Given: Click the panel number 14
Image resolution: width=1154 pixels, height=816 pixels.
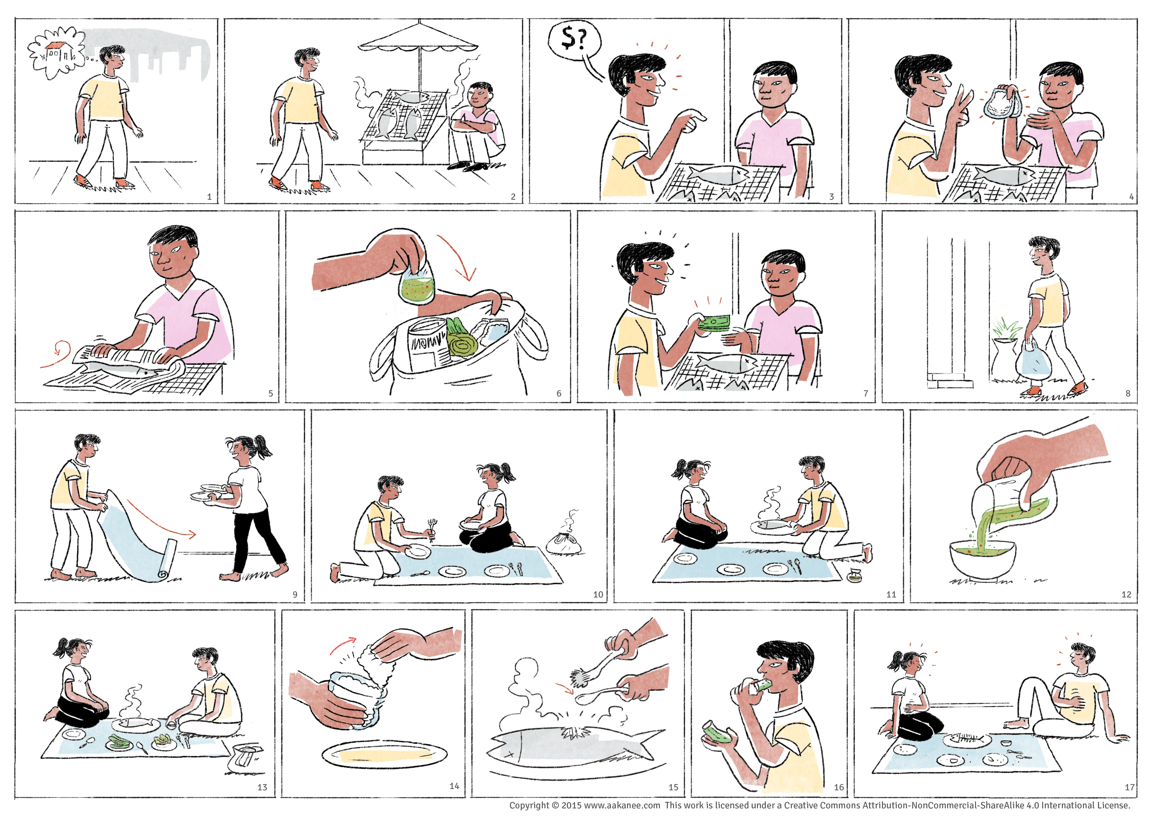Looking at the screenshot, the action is pyautogui.click(x=454, y=786).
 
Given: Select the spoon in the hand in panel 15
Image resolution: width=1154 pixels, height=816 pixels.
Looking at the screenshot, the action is pyautogui.click(x=603, y=695).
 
